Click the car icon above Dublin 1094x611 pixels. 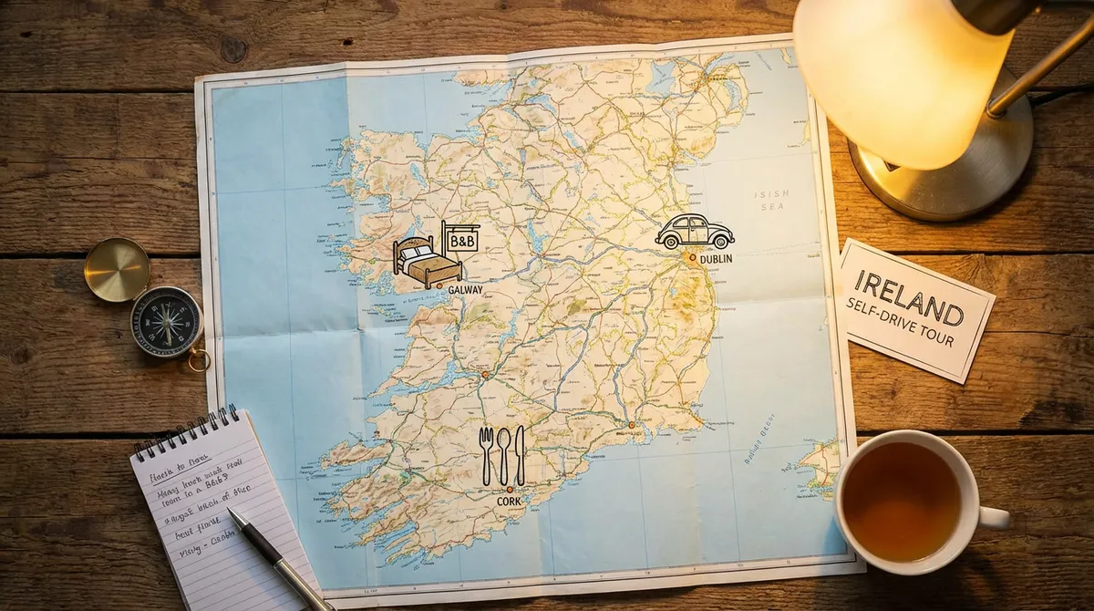click(x=695, y=232)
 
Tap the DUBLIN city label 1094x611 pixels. click(x=716, y=260)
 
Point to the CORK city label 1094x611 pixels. click(x=508, y=502)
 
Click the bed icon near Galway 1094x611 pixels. click(x=427, y=263)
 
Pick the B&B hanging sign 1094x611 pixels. click(x=462, y=241)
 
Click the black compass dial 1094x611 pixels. click(x=166, y=321)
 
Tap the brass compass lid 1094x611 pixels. click(x=117, y=269)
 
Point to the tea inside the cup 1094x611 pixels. click(x=901, y=501)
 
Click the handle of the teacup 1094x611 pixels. click(x=994, y=517)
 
